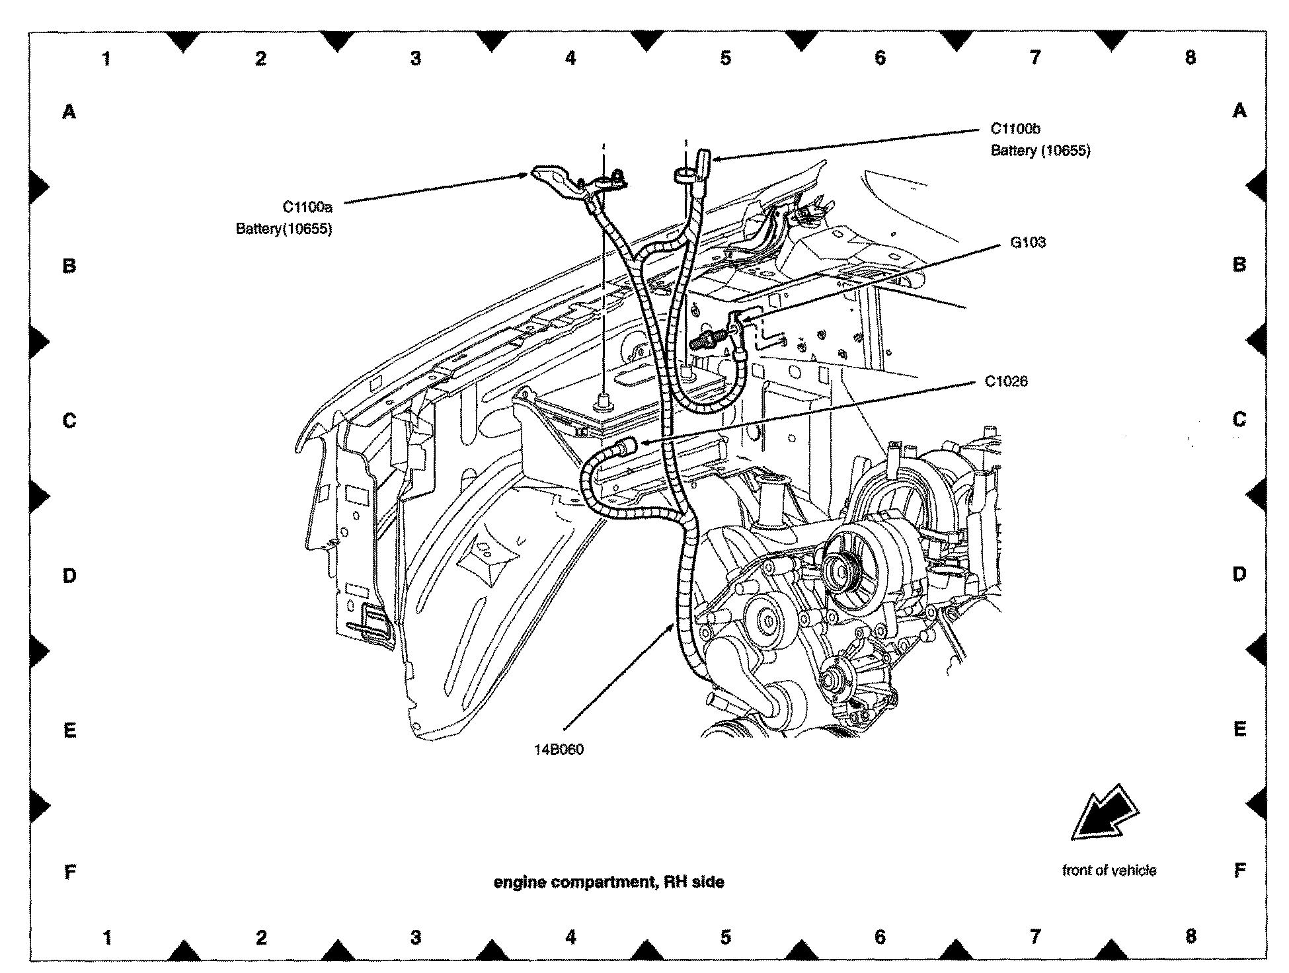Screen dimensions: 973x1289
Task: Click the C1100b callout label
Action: (1015, 129)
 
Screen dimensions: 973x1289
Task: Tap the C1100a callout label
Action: (307, 207)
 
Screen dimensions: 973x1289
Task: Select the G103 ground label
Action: (1028, 243)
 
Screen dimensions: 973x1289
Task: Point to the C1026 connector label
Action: (1006, 381)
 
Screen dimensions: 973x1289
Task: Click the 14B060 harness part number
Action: (559, 750)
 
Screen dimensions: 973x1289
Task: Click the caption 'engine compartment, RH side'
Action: (609, 882)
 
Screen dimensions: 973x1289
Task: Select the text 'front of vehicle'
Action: (1109, 871)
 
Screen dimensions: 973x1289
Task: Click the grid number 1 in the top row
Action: (106, 59)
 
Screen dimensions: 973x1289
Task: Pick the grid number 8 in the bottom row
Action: (1191, 936)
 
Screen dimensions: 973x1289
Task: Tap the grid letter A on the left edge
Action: (69, 112)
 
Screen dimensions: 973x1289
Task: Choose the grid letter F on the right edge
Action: (1239, 871)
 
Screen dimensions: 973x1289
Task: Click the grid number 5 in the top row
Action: (726, 58)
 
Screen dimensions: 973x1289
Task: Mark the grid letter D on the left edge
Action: (69, 576)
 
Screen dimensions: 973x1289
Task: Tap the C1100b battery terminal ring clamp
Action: (684, 175)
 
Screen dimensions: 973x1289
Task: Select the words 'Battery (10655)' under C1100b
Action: (1040, 151)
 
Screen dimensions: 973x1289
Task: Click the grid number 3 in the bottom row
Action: (416, 937)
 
